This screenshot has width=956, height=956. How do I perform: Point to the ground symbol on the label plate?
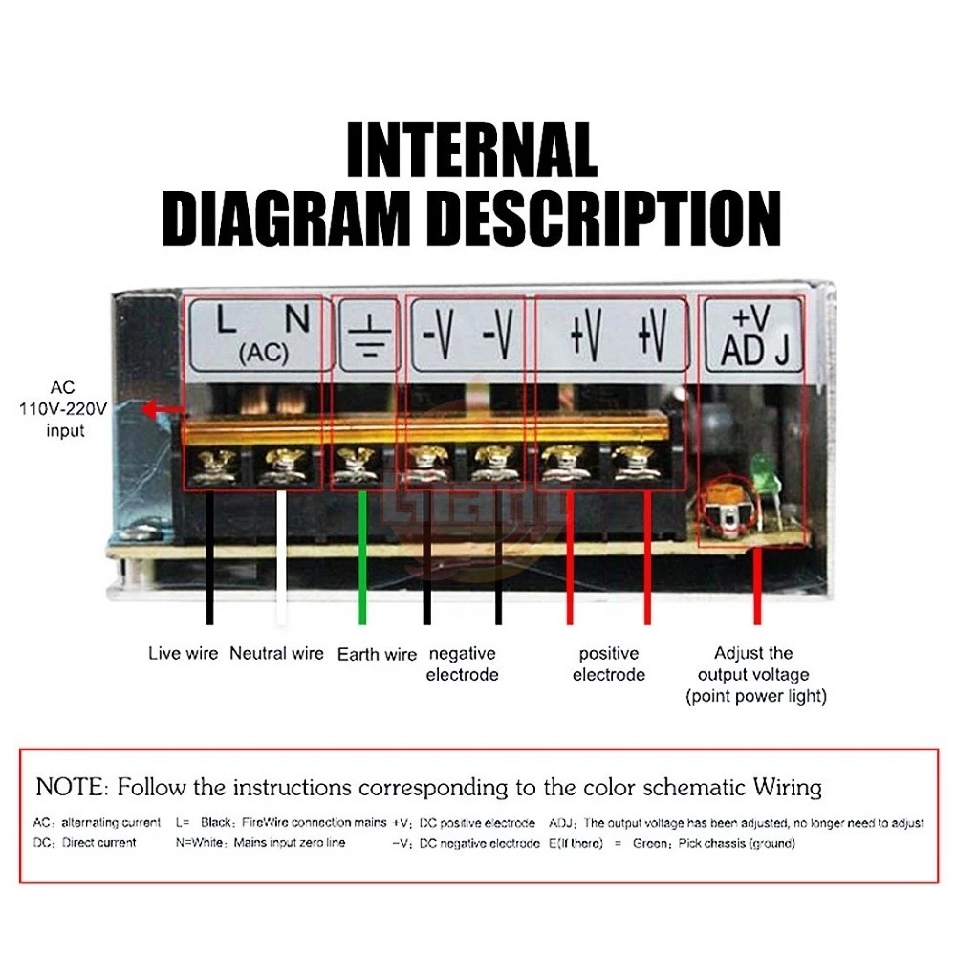pos(364,337)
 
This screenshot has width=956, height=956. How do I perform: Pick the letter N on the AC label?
pos(298,320)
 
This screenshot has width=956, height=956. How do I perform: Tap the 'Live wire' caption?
pos(183,655)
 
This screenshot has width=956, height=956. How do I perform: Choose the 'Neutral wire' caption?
pos(276,655)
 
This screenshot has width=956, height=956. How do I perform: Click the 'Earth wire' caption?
pos(377,655)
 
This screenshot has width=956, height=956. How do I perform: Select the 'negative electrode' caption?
pos(462,664)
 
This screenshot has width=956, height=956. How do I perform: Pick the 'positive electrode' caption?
pos(609,664)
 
